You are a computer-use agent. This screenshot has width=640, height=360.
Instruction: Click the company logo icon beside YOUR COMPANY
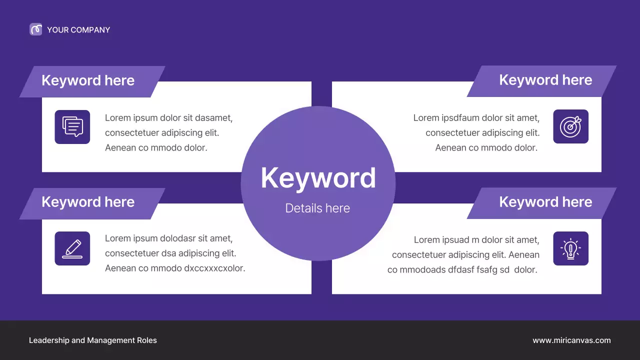(35, 29)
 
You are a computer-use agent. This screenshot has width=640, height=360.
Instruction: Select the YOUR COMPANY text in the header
(78, 30)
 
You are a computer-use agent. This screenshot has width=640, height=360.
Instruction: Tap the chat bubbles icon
(72, 127)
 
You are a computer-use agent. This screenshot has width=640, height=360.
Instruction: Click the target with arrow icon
(571, 126)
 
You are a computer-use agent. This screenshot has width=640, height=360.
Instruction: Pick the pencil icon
(72, 248)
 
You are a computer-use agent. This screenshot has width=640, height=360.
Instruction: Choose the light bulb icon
(571, 248)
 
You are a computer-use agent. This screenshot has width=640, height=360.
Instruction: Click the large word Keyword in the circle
(318, 177)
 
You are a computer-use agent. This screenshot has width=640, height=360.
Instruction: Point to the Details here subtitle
(317, 208)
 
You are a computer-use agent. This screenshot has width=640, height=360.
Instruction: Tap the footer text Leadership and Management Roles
(93, 340)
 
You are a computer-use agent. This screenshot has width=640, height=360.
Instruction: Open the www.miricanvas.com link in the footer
(571, 340)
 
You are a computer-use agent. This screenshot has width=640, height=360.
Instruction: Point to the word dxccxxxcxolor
(214, 268)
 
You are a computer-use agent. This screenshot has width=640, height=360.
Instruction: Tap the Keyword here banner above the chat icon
(88, 81)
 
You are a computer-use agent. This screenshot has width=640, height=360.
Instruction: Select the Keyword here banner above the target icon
(545, 80)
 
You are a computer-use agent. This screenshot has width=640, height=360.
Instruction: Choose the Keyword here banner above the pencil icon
(88, 202)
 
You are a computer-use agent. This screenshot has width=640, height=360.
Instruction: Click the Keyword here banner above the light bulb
(545, 202)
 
